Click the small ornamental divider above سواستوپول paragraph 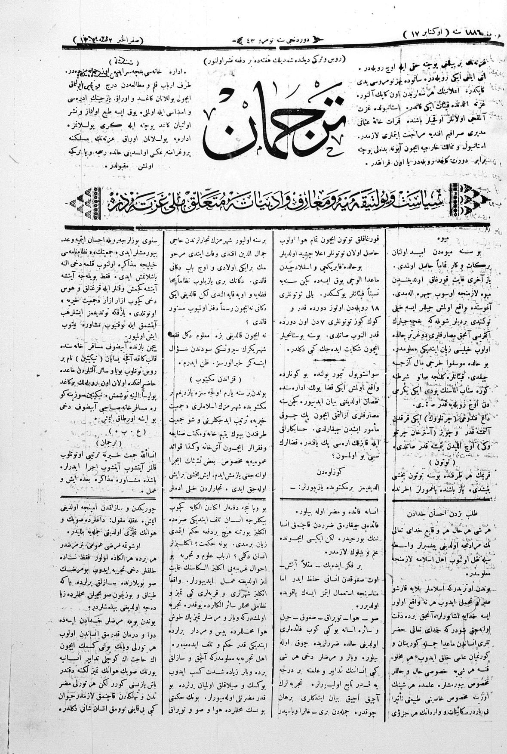click(x=331, y=360)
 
